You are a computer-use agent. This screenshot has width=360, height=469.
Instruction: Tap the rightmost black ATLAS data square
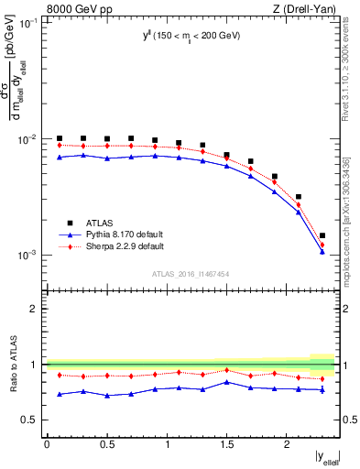322,235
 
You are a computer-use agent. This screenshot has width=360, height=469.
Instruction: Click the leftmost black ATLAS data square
60,138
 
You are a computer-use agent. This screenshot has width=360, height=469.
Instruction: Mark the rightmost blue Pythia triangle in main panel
322,252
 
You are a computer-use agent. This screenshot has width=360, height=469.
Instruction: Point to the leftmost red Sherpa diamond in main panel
60,145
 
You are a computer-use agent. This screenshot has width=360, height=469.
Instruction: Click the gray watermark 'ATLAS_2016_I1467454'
191,273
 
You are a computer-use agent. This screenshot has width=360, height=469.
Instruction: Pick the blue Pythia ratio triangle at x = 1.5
227,382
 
